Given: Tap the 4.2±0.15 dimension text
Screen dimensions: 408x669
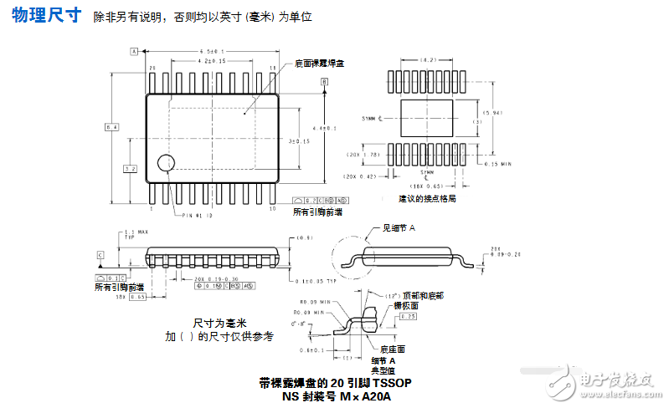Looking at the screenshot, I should tap(213, 61).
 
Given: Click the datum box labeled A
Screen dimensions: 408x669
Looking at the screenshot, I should tap(133, 51).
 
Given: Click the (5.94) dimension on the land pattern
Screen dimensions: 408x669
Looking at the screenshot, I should tap(493, 114).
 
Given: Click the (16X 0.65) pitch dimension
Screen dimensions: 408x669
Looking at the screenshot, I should tap(428, 186).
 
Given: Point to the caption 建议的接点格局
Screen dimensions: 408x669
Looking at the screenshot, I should tap(427, 199).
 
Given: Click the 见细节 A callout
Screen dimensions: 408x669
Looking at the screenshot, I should tap(399, 227).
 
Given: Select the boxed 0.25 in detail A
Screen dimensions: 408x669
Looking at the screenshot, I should tap(409, 316).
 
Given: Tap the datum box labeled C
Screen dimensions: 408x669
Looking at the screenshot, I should tap(100, 254).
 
